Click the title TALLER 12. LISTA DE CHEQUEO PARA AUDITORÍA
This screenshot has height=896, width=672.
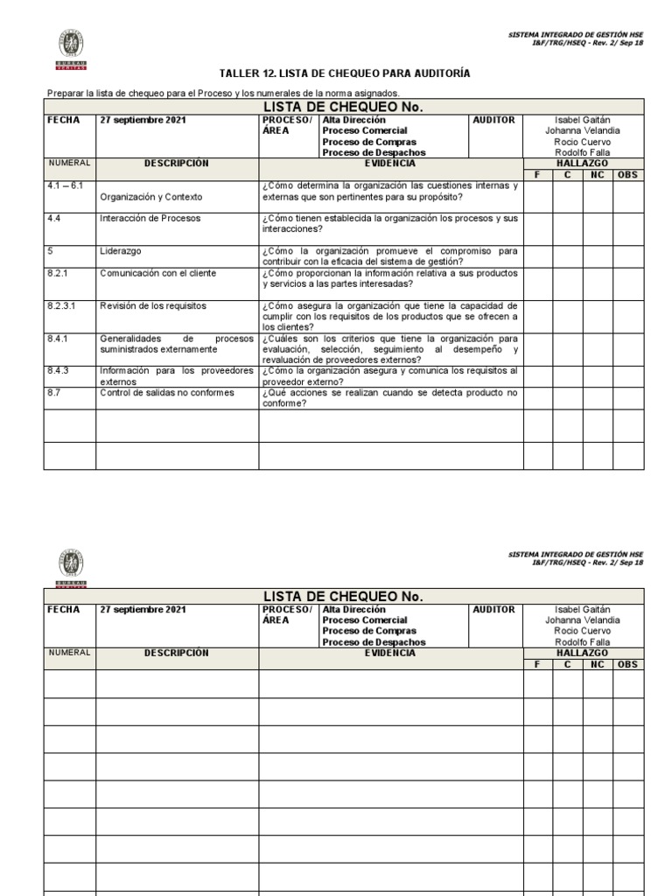[345, 73]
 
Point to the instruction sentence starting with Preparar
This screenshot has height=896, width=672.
[223, 93]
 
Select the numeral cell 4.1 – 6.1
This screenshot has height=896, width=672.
[65, 186]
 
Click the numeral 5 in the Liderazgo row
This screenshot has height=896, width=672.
[50, 251]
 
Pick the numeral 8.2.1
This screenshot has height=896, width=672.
[59, 273]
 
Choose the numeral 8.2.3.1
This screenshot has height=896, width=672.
[62, 305]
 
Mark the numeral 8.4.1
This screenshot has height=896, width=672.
[59, 338]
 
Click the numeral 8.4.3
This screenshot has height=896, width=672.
[59, 370]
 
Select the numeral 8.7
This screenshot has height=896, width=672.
[54, 393]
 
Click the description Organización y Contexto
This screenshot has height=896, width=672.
[151, 197]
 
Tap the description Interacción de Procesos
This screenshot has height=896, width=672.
[150, 218]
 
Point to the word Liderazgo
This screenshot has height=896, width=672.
[121, 251]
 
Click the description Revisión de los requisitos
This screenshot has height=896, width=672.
[153, 305]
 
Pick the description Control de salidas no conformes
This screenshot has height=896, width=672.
[167, 393]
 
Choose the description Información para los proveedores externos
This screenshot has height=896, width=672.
[176, 375]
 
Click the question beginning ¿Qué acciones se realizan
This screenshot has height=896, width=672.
[389, 398]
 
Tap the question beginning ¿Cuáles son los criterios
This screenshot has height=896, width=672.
[389, 348]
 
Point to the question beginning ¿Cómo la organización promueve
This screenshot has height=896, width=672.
[389, 256]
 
